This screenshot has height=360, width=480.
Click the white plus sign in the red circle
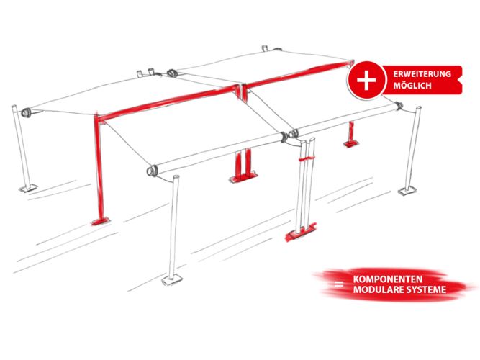pos(366,80)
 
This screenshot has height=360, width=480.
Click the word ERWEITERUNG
pos(422,74)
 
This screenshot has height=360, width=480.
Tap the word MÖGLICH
pos(412,86)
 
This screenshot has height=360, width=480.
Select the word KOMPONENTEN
pos(388,279)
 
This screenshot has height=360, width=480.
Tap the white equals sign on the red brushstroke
pos(339,284)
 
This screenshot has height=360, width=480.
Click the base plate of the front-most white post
pos(172,279)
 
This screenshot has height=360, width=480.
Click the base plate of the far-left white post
pos(28,188)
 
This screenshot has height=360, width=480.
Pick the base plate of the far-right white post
pos(407,191)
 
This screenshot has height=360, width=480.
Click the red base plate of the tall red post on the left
pos(101,221)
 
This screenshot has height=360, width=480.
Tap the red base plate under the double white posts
pos(301,233)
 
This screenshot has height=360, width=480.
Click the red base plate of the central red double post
pos(244,177)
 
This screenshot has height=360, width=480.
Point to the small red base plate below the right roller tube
pos(350,143)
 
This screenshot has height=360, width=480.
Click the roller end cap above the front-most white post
pos(152,171)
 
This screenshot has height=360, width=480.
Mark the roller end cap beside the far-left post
pos(26,112)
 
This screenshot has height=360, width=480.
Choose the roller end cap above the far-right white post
pos(399,106)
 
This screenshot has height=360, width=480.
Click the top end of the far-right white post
pos(418,108)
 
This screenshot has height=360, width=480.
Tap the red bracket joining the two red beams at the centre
pos(241,91)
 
